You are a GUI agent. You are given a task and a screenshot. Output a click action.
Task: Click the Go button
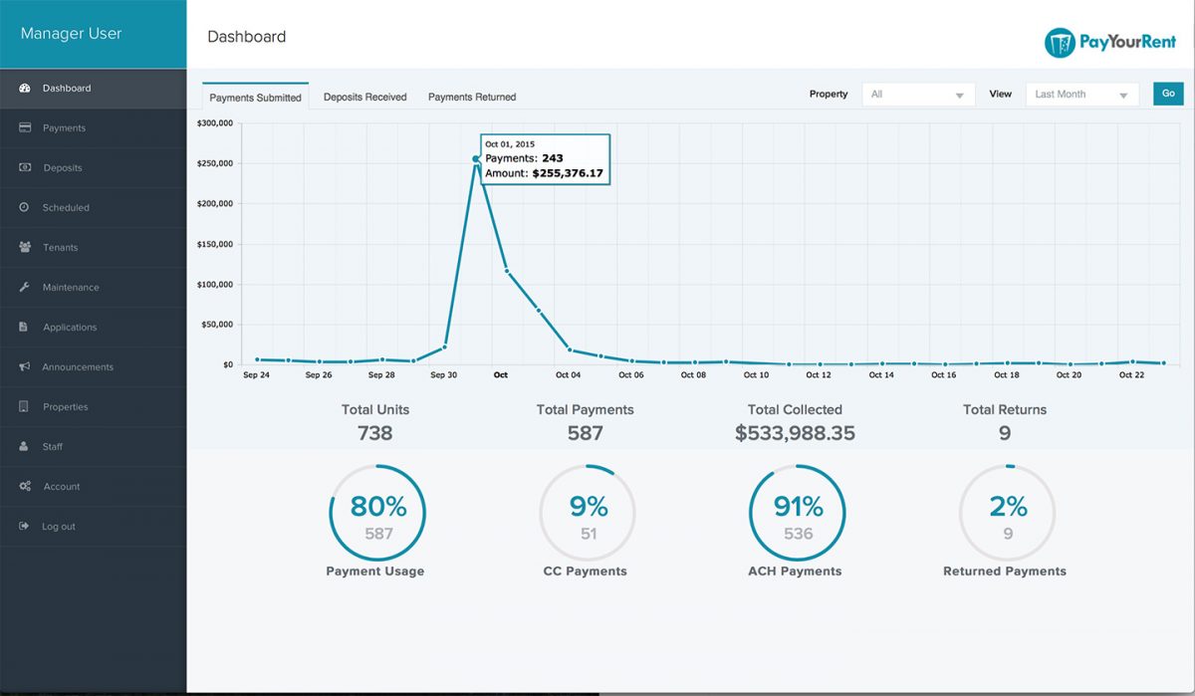pos(1168,94)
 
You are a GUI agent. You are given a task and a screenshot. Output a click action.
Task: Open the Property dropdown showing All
pos(917,95)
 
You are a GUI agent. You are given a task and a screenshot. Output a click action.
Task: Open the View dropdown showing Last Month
pos(1081,95)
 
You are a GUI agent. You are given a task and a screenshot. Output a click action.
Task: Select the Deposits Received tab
pos(364,98)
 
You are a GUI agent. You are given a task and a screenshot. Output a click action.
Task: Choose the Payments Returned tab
pos(472,98)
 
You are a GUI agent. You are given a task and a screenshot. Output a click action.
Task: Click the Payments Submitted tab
pos(255,98)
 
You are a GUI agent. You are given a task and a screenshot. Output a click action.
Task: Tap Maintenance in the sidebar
pos(71,288)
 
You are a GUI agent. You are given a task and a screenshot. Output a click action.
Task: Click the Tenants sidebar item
pos(60,248)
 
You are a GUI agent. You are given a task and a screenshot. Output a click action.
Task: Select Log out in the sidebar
pos(58,527)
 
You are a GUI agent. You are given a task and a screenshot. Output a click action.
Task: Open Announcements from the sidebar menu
pos(78,367)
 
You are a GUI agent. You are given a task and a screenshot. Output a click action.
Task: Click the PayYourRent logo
pos(1109,43)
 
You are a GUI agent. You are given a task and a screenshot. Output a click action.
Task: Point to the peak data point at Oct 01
pos(476,158)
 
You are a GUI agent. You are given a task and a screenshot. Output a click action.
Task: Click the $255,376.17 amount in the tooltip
pos(568,173)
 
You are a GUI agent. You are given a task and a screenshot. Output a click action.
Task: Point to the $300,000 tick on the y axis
pos(214,123)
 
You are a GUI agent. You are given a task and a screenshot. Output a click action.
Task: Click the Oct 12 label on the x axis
pos(819,375)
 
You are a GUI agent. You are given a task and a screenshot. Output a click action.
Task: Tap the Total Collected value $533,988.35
pos(795,433)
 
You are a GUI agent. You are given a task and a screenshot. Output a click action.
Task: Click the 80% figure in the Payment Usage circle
pos(377,506)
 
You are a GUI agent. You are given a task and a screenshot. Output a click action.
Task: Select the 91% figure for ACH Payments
pos(798,506)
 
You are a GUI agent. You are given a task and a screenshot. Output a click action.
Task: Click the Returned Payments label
pos(1004,572)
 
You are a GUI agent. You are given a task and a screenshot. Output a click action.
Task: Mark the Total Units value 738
pos(375,433)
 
